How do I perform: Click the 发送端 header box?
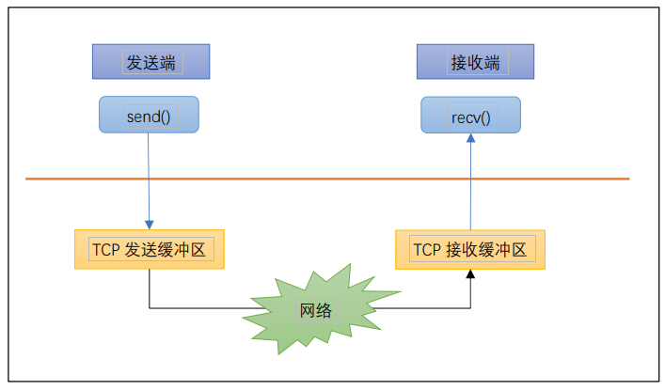(x=150, y=63)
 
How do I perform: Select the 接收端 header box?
(x=475, y=63)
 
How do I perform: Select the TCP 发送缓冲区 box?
(x=150, y=249)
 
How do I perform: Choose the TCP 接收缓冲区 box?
(x=470, y=249)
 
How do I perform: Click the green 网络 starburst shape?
(x=315, y=310)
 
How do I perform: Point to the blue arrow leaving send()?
(x=150, y=179)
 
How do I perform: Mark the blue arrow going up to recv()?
(x=470, y=188)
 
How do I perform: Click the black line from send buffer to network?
(x=198, y=307)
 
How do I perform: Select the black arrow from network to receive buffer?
(x=423, y=307)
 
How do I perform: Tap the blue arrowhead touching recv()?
(x=470, y=138)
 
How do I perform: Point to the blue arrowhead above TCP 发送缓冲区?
(x=150, y=224)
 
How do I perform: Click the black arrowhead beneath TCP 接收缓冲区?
(x=470, y=274)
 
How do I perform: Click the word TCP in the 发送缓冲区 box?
(x=105, y=249)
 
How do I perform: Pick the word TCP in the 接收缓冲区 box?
(x=426, y=249)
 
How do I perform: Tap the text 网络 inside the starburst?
(x=315, y=311)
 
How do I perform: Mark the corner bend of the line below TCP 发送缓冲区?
(x=150, y=307)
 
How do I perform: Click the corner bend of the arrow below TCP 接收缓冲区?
(x=470, y=307)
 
